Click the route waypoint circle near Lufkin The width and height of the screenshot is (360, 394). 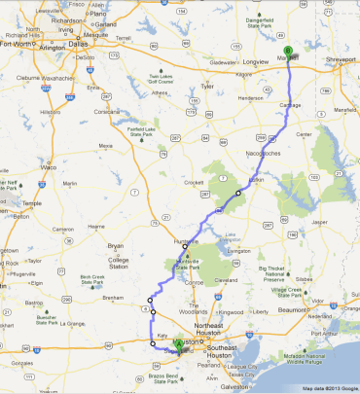coord(237,193)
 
